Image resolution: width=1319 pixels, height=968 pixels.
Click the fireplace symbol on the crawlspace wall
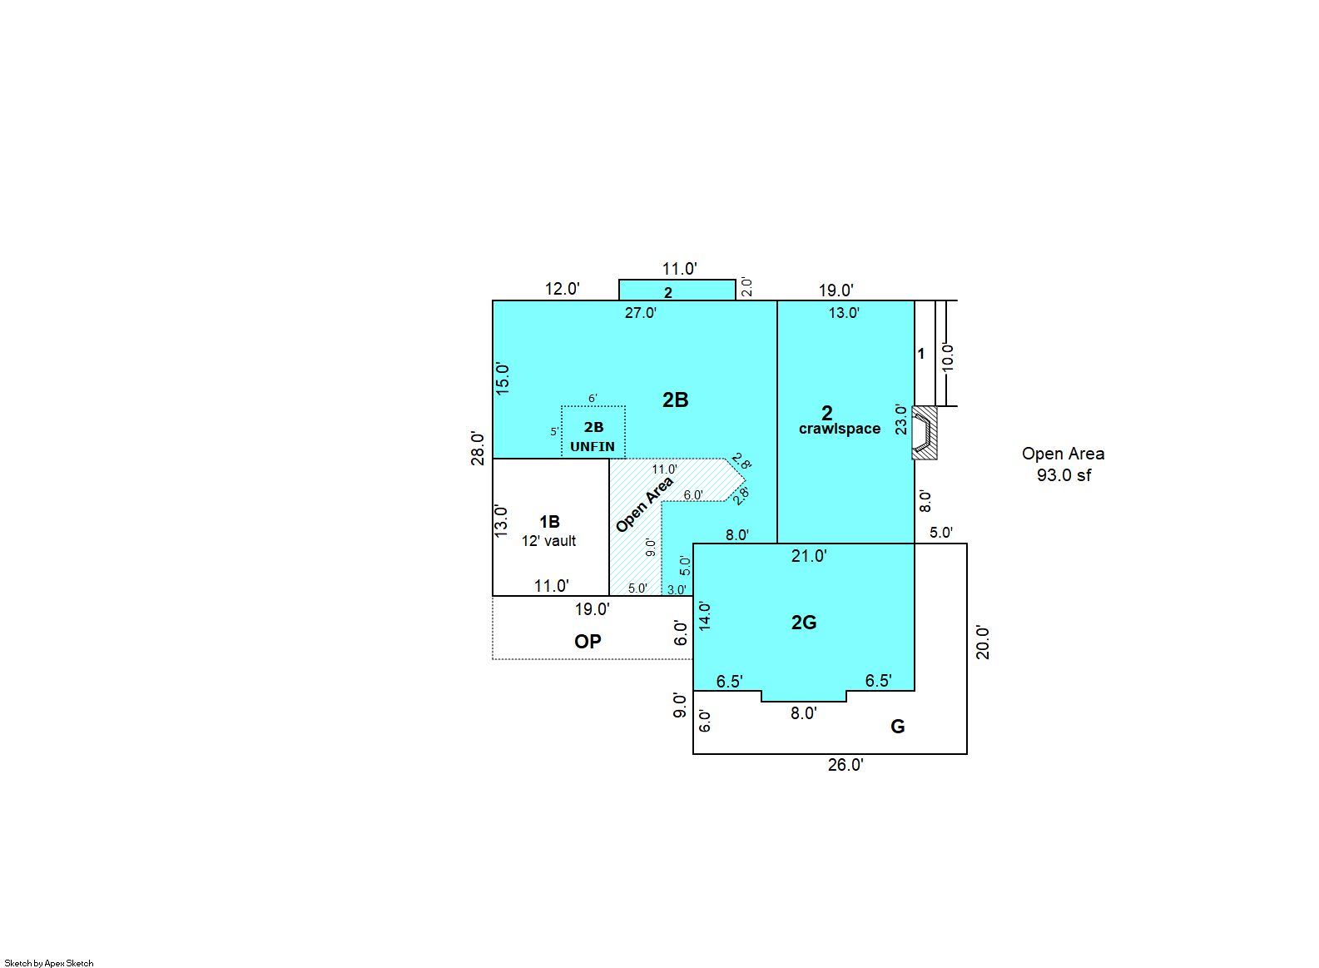pyautogui.click(x=924, y=433)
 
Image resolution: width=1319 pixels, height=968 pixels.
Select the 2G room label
pyautogui.click(x=804, y=623)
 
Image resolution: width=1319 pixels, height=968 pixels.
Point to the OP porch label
pyautogui.click(x=588, y=641)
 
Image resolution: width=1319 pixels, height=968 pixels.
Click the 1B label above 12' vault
pyautogui.click(x=549, y=522)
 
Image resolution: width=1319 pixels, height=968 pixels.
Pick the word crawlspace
pyautogui.click(x=840, y=429)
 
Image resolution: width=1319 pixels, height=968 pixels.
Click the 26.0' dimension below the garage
pyautogui.click(x=845, y=765)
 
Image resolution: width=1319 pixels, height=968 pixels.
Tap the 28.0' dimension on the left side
pyautogui.click(x=478, y=449)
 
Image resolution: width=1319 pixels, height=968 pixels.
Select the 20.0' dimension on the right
pyautogui.click(x=983, y=643)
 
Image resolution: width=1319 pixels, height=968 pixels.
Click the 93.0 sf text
pyautogui.click(x=1064, y=475)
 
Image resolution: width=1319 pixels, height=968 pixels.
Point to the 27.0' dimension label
pyautogui.click(x=641, y=313)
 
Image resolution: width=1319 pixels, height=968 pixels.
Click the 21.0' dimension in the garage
pyautogui.click(x=809, y=556)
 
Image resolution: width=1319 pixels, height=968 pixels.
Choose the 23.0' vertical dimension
pyautogui.click(x=901, y=419)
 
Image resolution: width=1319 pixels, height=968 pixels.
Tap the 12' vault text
pyautogui.click(x=548, y=540)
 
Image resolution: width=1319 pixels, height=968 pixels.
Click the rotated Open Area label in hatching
pyautogui.click(x=644, y=504)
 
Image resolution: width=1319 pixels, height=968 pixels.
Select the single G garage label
pyautogui.click(x=897, y=727)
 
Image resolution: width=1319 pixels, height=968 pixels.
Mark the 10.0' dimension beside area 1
pyautogui.click(x=948, y=357)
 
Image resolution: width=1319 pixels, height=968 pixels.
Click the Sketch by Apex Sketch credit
pyautogui.click(x=49, y=963)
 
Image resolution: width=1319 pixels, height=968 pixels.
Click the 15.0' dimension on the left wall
pyautogui.click(x=503, y=378)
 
